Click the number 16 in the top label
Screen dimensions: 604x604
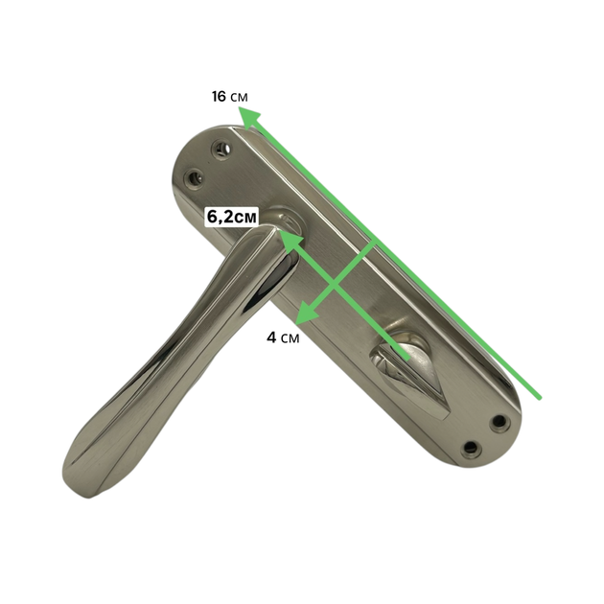[x=219, y=96]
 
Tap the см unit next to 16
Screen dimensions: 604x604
[x=239, y=98]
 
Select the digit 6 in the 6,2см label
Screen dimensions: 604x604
[x=212, y=217]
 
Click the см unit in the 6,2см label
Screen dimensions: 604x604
[x=245, y=218]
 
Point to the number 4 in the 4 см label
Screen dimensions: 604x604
[x=271, y=337]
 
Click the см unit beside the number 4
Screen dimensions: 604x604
[x=290, y=338]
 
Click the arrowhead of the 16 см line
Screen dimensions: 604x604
[x=249, y=118]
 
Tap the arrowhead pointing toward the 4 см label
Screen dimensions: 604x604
[x=307, y=312]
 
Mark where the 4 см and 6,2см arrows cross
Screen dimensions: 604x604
[x=334, y=287]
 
